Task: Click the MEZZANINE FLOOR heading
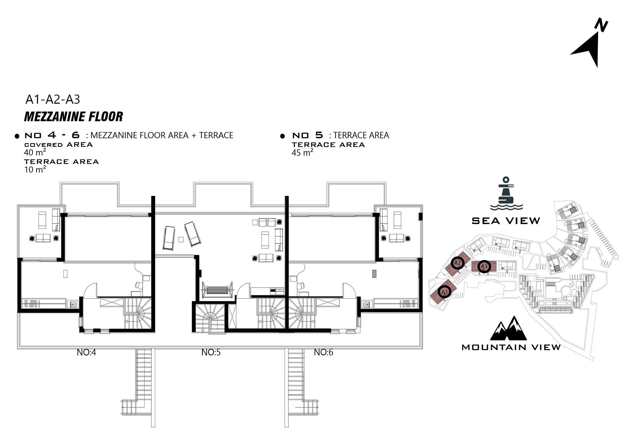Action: (x=74, y=117)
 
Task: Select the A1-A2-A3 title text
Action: (x=53, y=99)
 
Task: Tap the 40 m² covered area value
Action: (x=35, y=152)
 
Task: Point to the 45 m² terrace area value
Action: (x=302, y=153)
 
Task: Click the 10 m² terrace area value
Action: (x=35, y=170)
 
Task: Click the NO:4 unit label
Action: (x=86, y=352)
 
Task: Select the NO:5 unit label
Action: (x=211, y=352)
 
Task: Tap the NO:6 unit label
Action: (x=323, y=352)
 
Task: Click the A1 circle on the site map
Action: (x=444, y=291)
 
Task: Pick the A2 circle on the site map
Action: (x=457, y=263)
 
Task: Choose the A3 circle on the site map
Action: (x=484, y=267)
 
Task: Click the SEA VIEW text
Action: (x=506, y=221)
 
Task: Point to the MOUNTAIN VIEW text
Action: (x=511, y=347)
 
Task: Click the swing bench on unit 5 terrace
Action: (x=218, y=290)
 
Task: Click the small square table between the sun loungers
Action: (x=181, y=239)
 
